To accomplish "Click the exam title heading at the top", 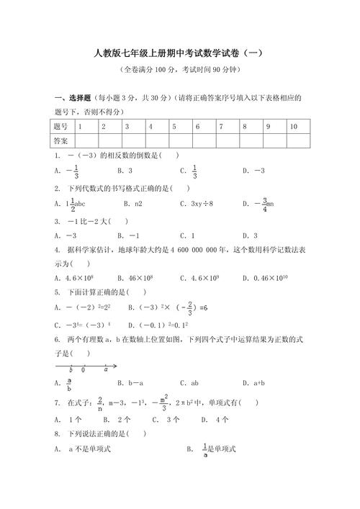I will click(180, 54).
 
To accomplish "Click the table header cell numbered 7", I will click(221, 126).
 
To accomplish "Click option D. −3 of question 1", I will click(254, 171).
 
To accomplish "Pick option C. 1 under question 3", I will click(188, 235).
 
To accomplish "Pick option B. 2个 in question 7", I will click(117, 419).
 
